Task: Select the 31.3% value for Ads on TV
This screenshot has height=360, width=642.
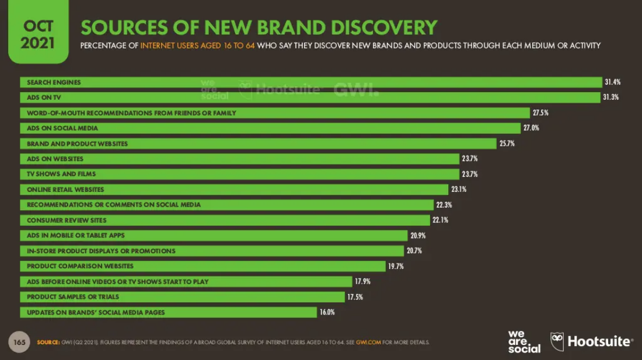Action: point(610,97)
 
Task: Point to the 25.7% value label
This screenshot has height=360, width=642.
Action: point(507,144)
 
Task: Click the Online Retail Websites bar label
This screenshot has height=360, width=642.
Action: point(65,190)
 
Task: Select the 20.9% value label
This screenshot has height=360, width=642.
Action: point(418,236)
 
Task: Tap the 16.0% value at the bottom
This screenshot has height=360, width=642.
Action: point(327,312)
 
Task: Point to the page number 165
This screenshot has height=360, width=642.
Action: point(19,342)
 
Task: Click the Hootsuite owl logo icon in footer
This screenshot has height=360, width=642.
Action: point(557,341)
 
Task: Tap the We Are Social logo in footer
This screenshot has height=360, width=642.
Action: point(524,342)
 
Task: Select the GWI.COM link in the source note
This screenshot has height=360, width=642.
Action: point(368,342)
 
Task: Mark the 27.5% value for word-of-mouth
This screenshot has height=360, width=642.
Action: point(540,113)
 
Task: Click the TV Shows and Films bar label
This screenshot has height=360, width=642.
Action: point(61,174)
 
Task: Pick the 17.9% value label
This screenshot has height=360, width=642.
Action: point(362,282)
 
